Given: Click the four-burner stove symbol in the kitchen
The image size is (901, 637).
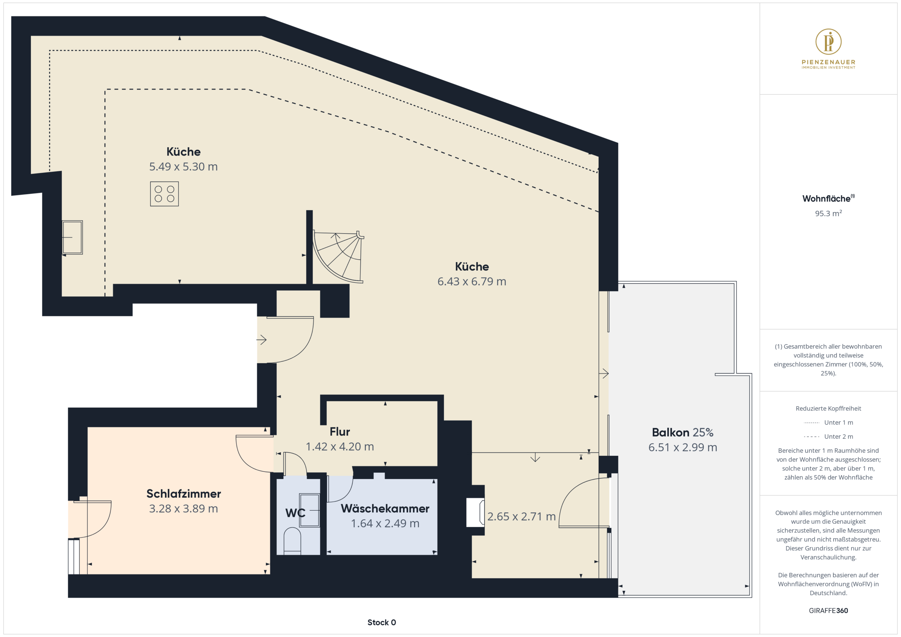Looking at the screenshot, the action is pos(164,194).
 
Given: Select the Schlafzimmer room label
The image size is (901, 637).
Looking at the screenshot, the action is pos(184,493).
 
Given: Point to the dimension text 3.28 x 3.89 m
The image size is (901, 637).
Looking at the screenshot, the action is pos(184,509).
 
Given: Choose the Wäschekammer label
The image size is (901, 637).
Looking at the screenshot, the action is pos(385,508).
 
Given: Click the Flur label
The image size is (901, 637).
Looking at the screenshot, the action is pos(340,432).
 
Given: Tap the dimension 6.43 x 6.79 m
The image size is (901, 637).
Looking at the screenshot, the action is pos(472,281).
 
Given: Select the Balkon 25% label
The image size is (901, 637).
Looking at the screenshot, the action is pos(683,432).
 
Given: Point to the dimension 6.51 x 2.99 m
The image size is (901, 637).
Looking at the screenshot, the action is pos(683,447).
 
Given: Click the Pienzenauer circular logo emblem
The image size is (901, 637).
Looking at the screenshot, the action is pos(828,42).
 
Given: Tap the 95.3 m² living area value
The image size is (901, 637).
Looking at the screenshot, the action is pos(828,214).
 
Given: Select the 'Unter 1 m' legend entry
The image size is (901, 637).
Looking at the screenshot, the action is pos(828,422).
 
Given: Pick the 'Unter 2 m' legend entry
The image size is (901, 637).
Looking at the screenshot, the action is pos(828,437).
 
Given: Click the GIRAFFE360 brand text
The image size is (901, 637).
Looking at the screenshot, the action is pos(828,611).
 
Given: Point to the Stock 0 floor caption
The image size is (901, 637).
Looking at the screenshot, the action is pos(382,623).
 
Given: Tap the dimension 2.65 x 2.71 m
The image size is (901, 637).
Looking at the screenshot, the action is pos(522,517).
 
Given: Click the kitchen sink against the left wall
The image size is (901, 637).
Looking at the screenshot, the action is pos(73,237).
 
